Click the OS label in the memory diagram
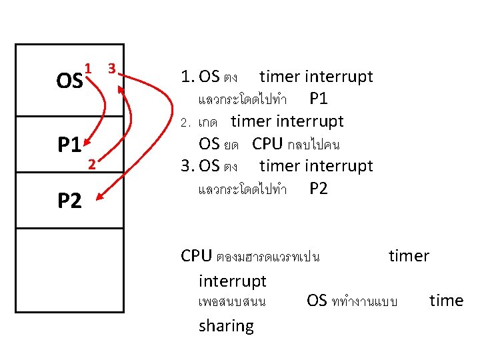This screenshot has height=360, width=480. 70,81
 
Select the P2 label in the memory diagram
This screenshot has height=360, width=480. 69,199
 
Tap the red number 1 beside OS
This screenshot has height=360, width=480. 88,67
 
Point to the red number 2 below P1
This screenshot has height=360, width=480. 93,165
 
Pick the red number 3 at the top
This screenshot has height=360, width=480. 112,67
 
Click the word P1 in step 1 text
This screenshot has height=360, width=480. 319,99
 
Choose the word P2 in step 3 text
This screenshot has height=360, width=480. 319,189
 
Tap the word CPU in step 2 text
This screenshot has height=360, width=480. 267,144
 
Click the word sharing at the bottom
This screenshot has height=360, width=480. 226,326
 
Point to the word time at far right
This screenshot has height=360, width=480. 446,301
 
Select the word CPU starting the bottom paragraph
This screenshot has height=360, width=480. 197,256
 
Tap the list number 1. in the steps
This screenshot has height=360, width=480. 187,77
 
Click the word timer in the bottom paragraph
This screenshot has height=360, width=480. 409,256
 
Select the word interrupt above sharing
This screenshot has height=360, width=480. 232,281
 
